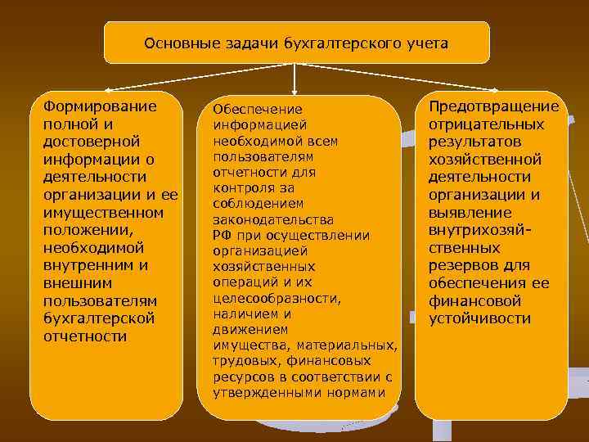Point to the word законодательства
(272, 220)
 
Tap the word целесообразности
(276, 298)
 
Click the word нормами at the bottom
(357, 392)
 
